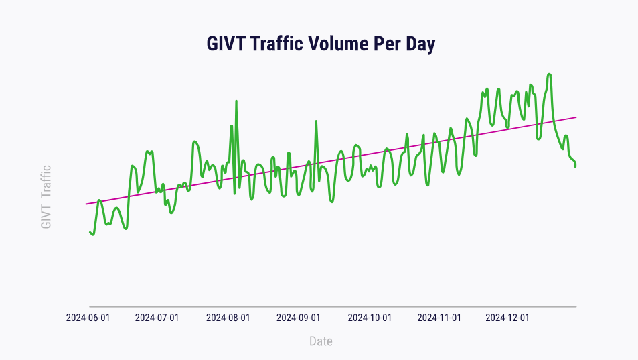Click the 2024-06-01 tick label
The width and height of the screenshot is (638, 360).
pyautogui.click(x=88, y=318)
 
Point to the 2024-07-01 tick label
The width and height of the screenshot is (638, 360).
pyautogui.click(x=157, y=318)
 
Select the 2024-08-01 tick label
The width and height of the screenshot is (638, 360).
pyautogui.click(x=228, y=318)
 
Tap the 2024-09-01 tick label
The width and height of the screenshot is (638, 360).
pyautogui.click(x=299, y=318)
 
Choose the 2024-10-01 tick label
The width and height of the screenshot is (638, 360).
pyautogui.click(x=369, y=318)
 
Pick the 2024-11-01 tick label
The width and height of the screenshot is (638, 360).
pyautogui.click(x=439, y=318)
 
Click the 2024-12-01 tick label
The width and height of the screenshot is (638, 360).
pyautogui.click(x=507, y=318)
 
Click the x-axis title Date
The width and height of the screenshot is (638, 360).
pyautogui.click(x=321, y=341)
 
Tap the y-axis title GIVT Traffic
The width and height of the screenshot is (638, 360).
pyautogui.click(x=46, y=197)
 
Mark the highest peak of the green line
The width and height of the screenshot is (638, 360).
pyautogui.click(x=549, y=74)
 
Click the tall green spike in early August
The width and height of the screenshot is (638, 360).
pyautogui.click(x=236, y=101)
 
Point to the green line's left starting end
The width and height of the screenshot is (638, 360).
pyautogui.click(x=90, y=232)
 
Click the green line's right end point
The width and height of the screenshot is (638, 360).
pyautogui.click(x=576, y=166)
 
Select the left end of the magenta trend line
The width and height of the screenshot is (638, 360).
pyautogui.click(x=86, y=204)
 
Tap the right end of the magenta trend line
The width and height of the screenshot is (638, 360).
pyautogui.click(x=576, y=117)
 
